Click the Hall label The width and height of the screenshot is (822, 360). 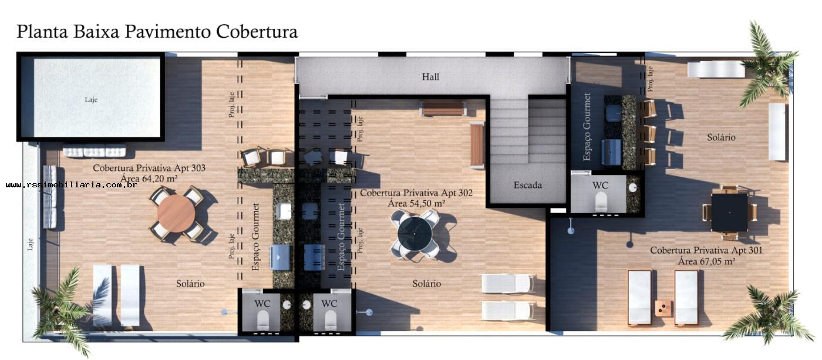click(x=430, y=77)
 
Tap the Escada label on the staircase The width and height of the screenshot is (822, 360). click(x=527, y=185)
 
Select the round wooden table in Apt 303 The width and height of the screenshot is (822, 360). click(x=176, y=213)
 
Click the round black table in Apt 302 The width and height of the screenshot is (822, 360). click(x=415, y=234)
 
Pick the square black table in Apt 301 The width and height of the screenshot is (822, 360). click(x=729, y=212)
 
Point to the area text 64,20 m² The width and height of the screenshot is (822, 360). click(x=149, y=178)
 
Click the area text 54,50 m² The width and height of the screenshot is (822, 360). click(x=416, y=203)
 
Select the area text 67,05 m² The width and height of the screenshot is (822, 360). click(x=706, y=261)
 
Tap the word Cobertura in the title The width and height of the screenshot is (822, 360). click(x=257, y=31)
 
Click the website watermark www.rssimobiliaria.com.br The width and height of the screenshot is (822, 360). click(x=72, y=185)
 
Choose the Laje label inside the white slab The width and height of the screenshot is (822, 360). click(x=91, y=99)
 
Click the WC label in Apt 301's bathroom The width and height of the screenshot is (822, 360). click(x=600, y=185)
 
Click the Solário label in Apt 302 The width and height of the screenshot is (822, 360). click(x=426, y=284)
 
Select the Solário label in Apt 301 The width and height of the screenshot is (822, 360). click(x=721, y=137)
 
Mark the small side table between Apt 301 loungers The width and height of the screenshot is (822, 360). click(x=663, y=308)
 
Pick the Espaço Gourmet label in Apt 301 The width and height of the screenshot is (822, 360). click(x=587, y=127)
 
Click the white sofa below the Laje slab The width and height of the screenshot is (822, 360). click(x=94, y=152)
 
